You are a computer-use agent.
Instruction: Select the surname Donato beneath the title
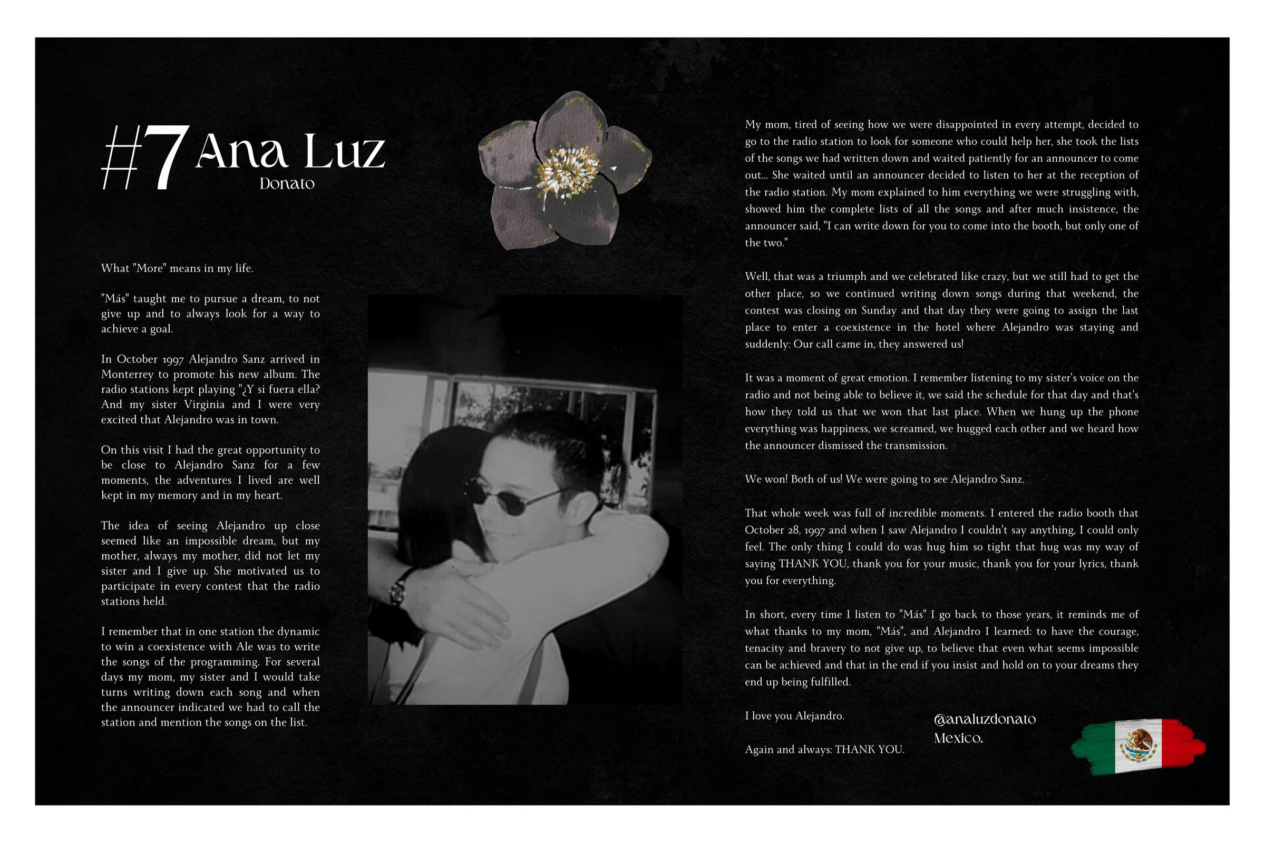[287, 183]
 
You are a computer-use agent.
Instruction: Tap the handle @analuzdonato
[985, 719]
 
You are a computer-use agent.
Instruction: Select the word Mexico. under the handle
[958, 738]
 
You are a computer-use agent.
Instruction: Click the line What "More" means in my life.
[177, 268]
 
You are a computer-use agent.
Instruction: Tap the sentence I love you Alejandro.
[794, 715]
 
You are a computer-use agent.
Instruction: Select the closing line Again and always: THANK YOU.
[824, 749]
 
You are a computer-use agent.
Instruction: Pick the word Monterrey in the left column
[129, 374]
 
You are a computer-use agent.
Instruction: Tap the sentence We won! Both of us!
[794, 479]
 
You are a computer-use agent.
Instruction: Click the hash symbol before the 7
[118, 159]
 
